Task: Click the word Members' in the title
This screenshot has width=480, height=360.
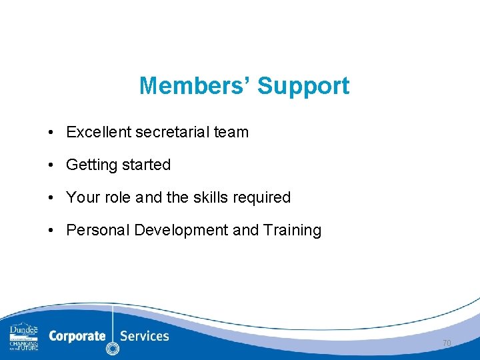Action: pos(195,86)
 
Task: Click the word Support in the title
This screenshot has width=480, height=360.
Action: pos(303,86)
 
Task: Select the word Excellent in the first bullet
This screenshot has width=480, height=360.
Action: pos(99,132)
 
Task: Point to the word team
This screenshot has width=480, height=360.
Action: pos(231,132)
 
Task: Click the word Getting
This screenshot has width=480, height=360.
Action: pos(90,165)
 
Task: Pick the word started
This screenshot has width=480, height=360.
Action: pos(145,165)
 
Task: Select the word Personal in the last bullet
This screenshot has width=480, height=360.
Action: pos(98,230)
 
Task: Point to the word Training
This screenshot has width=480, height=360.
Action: pos(292,230)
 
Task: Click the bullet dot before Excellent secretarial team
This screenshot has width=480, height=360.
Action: pos(51,133)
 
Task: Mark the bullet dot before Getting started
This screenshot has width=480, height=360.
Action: pos(51,165)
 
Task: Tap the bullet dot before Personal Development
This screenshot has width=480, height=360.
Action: pos(51,231)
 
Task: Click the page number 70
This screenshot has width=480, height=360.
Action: pos(447,343)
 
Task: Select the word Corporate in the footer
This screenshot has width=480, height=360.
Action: pos(77,335)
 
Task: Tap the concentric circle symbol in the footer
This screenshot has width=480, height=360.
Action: pos(113,348)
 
